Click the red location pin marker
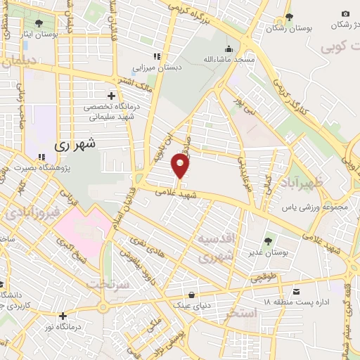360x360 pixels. coord(180,166)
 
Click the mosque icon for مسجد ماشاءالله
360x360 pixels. coord(229,49)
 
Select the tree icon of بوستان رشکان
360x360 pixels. coord(289,18)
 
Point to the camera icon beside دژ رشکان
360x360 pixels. coord(345,14)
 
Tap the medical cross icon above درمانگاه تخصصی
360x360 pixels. coord(110,95)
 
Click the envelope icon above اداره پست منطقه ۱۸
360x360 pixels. coord(297,291)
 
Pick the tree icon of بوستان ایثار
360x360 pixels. coord(38,23)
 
